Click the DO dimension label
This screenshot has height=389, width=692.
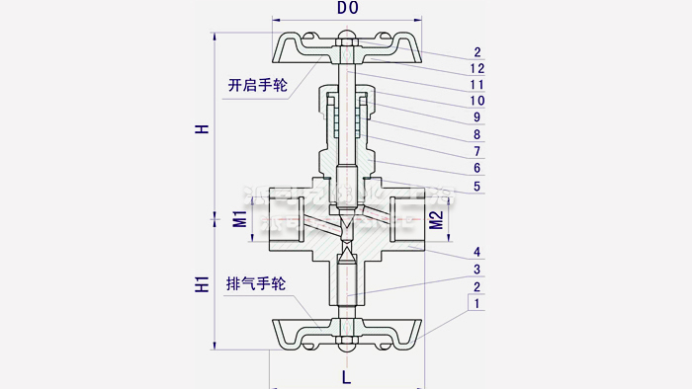click(347, 8)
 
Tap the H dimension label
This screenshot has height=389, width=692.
click(202, 129)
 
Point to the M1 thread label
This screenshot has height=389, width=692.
click(239, 219)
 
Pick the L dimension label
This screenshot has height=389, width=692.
click(345, 376)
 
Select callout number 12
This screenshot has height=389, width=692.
click(477, 68)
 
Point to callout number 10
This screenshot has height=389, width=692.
click(477, 101)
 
